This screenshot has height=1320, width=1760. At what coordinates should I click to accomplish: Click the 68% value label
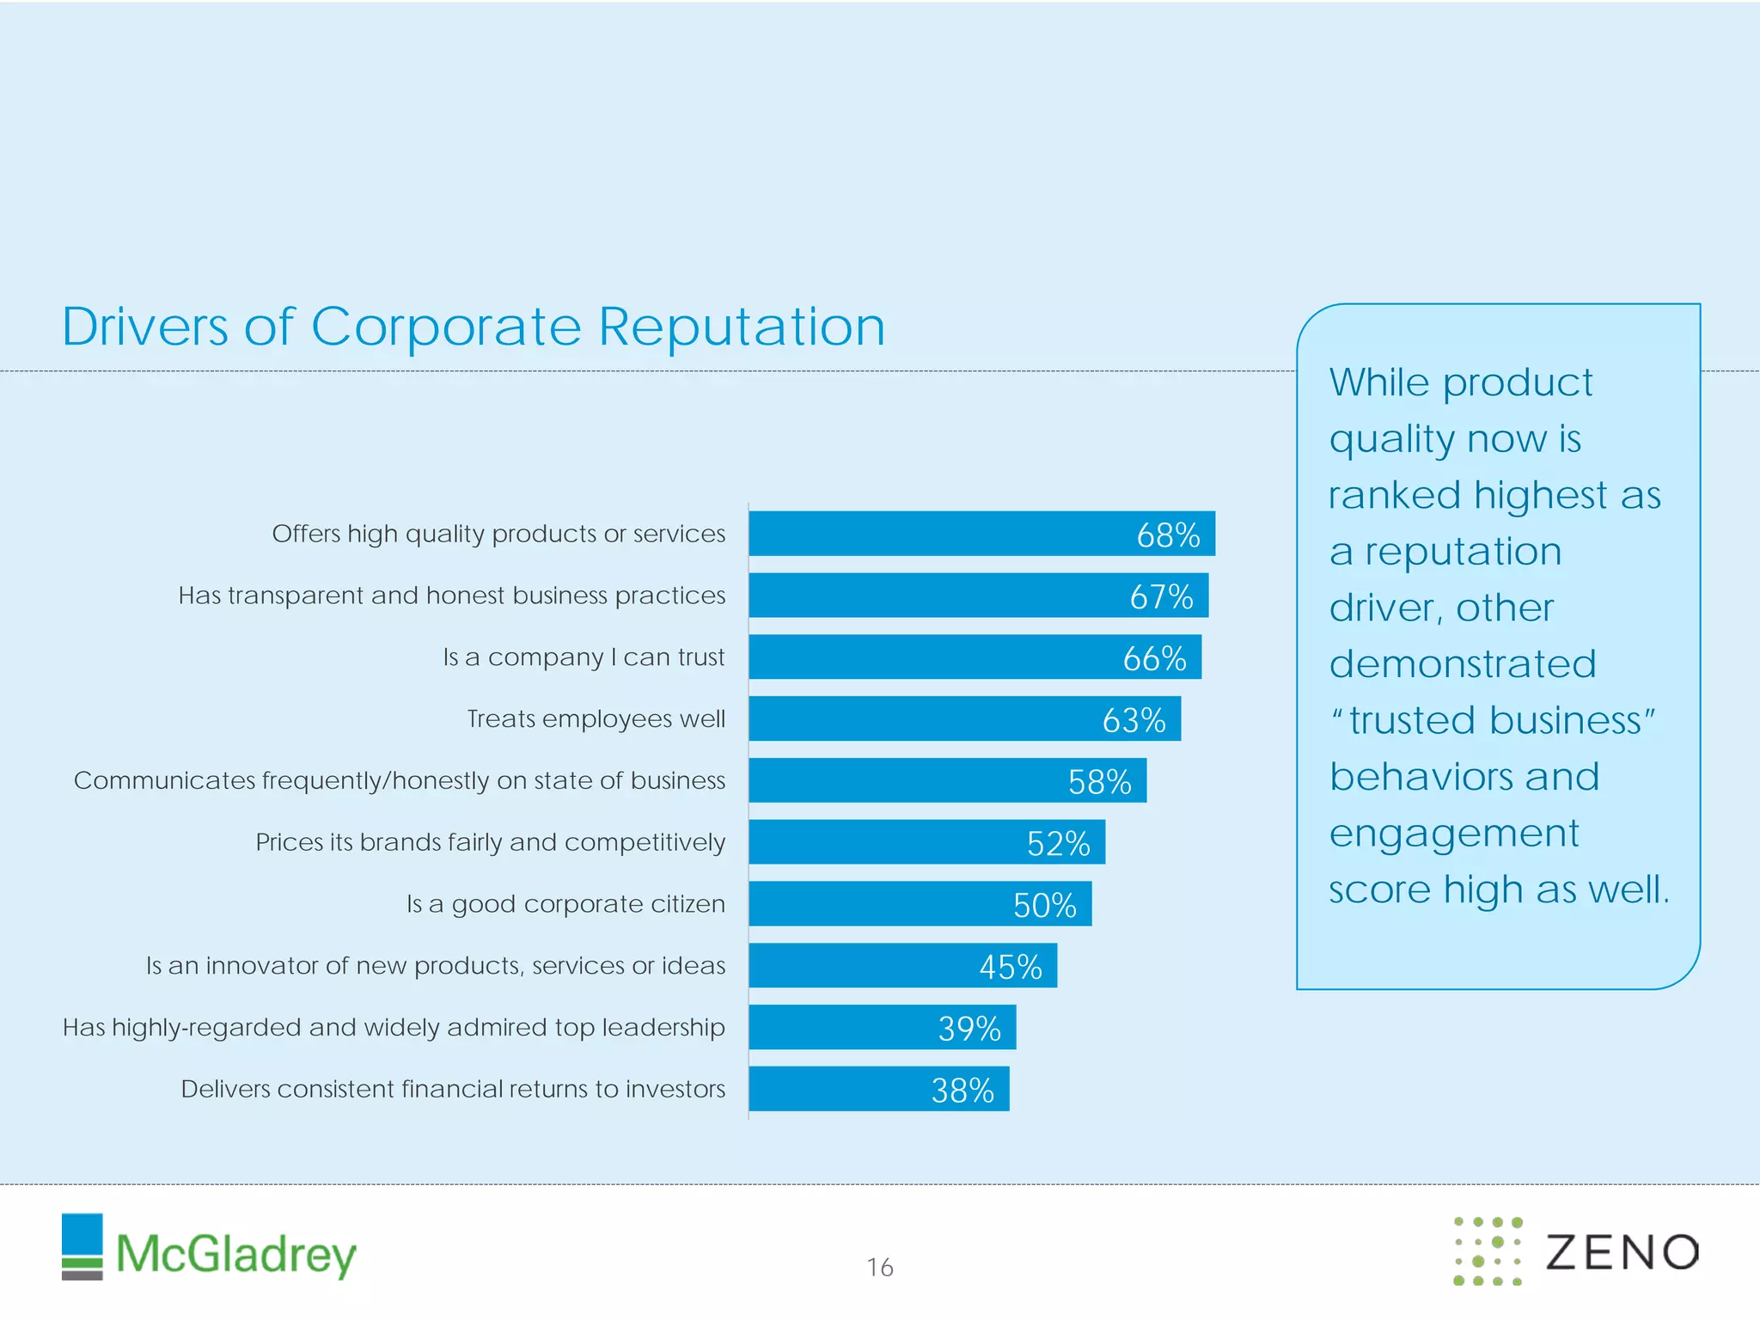[x=1167, y=535]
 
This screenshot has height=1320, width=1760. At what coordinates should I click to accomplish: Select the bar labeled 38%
[x=878, y=1089]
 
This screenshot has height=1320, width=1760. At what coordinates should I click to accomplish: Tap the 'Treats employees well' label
[x=596, y=718]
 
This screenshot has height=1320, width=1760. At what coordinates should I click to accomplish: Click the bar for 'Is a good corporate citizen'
[x=920, y=904]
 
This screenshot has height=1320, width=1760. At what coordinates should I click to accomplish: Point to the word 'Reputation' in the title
[x=741, y=327]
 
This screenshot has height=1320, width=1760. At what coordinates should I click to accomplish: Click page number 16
[x=879, y=1268]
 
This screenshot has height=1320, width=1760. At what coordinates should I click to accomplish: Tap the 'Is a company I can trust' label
[x=584, y=657]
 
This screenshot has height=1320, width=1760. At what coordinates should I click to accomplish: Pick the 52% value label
[x=1058, y=843]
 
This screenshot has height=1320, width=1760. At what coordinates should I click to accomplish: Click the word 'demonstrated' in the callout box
[x=1462, y=663]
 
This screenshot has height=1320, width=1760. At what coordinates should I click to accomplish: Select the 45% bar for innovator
[x=902, y=966]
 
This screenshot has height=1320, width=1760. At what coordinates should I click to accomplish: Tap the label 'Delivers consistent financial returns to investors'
[x=453, y=1089]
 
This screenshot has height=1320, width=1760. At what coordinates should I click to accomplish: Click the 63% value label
[x=1133, y=720]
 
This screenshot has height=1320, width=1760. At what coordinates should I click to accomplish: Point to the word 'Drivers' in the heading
[x=144, y=327]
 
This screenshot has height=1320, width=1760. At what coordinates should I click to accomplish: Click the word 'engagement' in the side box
[x=1453, y=833]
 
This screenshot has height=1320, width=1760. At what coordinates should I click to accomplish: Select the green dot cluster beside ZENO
[x=1488, y=1251]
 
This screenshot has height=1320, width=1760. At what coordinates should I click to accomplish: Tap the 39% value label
[x=969, y=1029]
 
